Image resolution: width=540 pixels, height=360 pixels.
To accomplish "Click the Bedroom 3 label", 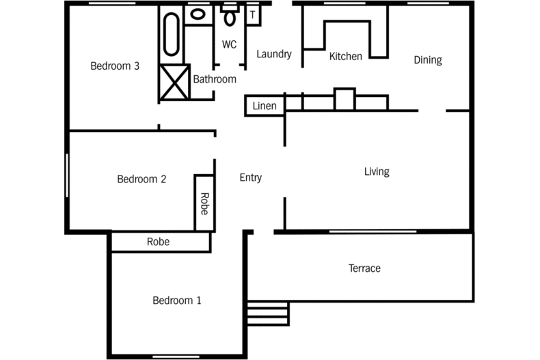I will [115, 66].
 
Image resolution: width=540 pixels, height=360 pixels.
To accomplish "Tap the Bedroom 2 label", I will [141, 179].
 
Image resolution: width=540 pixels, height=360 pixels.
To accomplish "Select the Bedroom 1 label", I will [176, 301].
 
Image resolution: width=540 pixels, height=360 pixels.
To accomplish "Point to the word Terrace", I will [364, 268].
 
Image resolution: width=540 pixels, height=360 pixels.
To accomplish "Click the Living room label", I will [377, 171].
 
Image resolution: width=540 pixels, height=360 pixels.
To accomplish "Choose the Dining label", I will [428, 60].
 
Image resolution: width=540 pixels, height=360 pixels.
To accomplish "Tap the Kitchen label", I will [346, 56].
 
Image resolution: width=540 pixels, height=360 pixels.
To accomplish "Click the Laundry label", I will [274, 55].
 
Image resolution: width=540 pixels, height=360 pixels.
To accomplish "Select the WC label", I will [229, 44].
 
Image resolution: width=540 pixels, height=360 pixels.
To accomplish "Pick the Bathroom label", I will [215, 79].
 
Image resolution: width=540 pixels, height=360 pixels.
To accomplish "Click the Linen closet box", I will [265, 106].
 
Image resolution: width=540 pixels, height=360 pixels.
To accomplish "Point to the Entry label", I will [251, 178].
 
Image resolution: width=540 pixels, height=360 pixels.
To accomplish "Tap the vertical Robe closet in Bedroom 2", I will [204, 203].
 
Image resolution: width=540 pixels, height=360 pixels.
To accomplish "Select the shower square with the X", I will [174, 82].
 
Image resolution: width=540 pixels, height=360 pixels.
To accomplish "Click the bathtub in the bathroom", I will [172, 34].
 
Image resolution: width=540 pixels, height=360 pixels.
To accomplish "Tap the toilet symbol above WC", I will [230, 15].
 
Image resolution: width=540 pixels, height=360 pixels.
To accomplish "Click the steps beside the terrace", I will [268, 314].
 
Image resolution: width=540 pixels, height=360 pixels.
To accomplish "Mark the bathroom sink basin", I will [198, 14].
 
